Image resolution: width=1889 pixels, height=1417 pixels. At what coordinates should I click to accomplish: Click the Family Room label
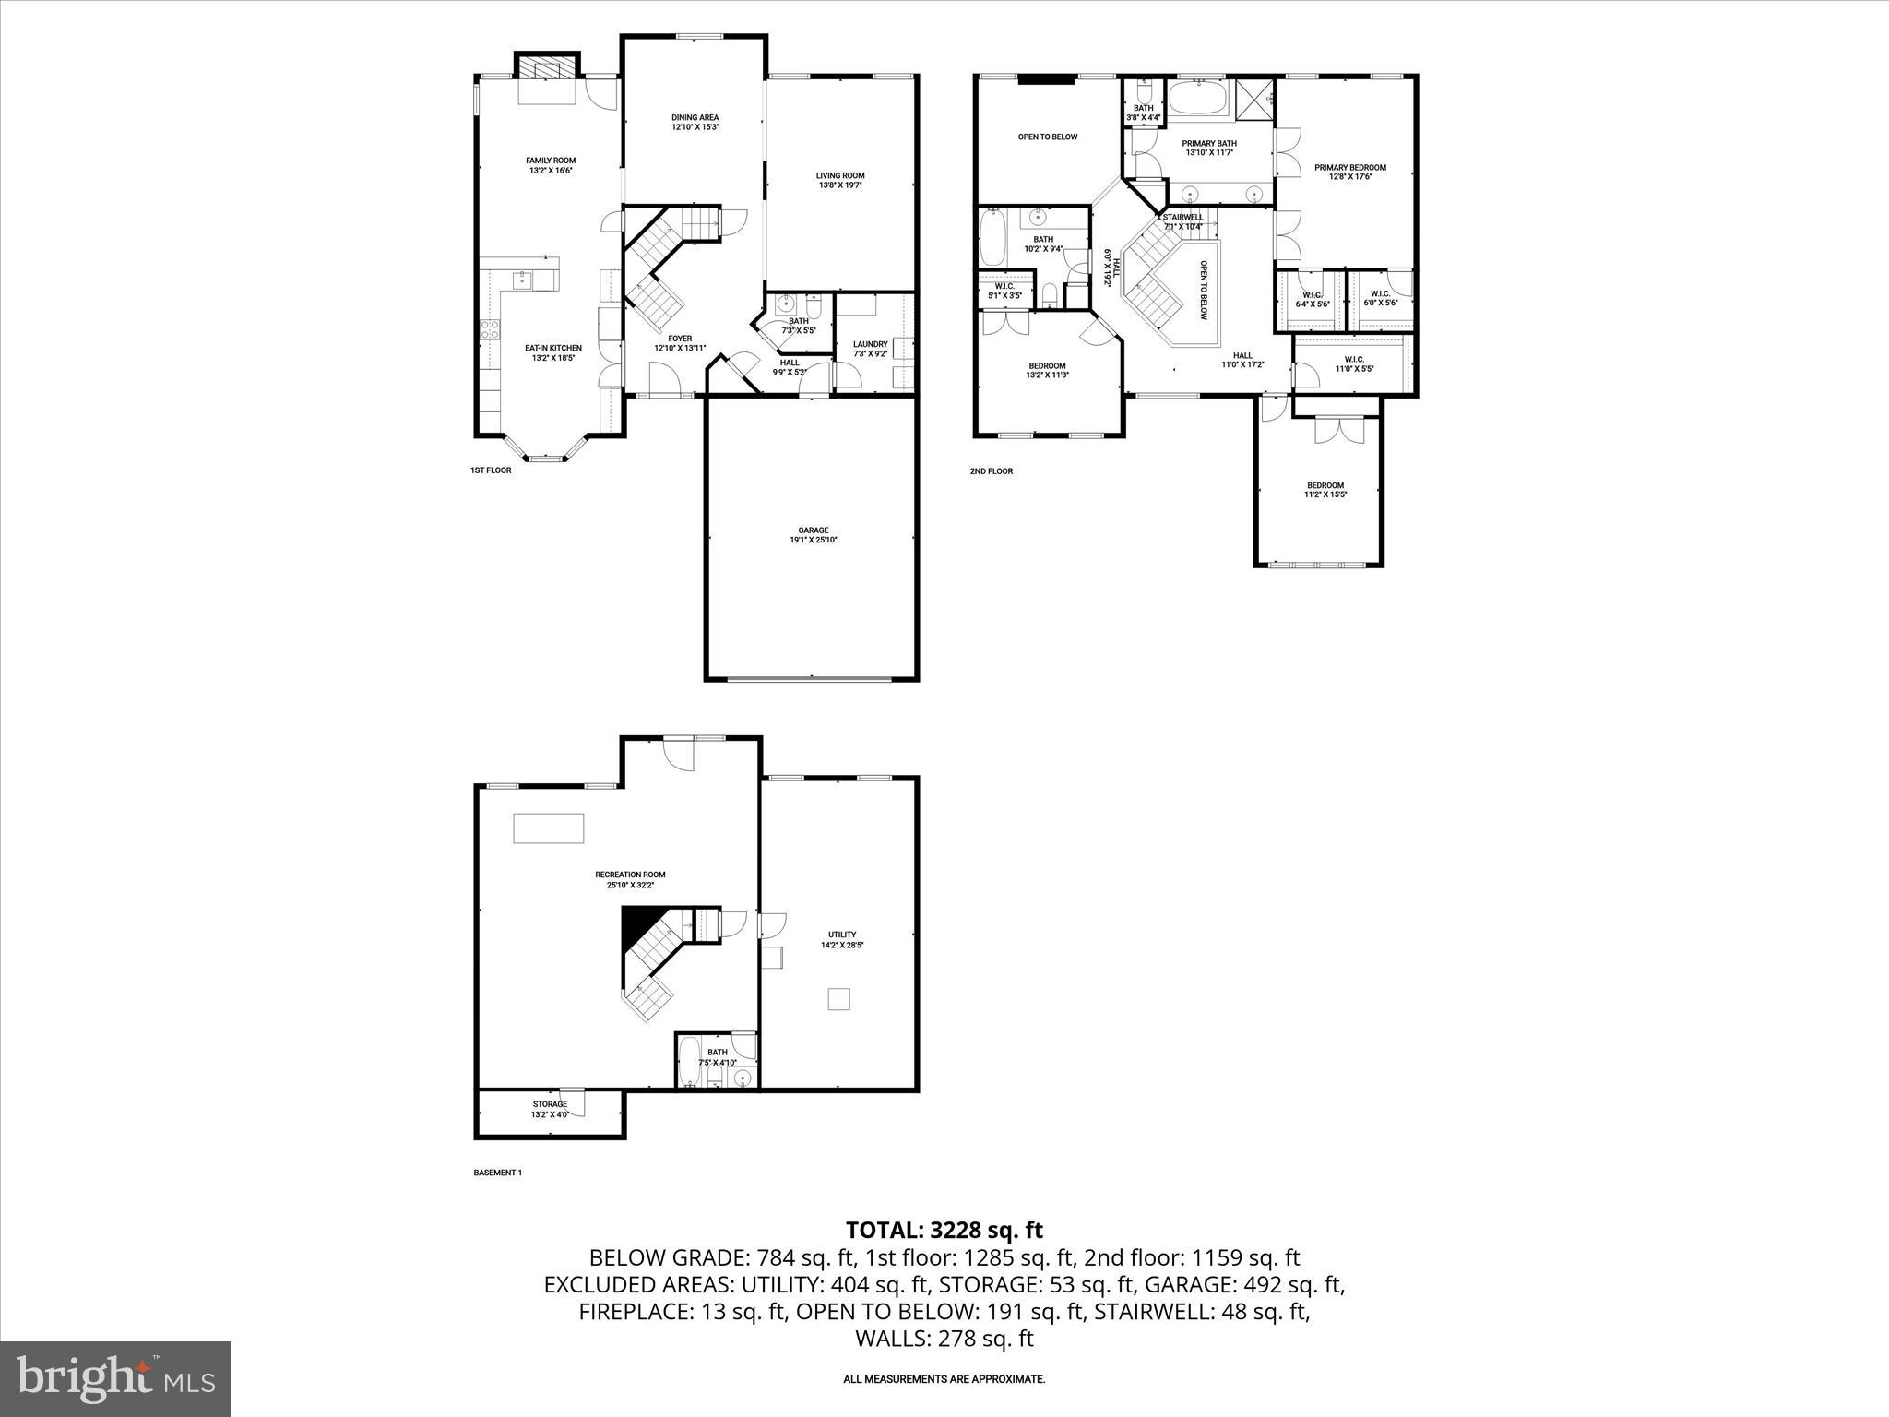(x=551, y=161)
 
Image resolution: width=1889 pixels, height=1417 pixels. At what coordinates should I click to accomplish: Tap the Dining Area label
(x=695, y=117)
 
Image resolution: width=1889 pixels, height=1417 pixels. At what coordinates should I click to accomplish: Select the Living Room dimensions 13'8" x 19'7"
(x=839, y=185)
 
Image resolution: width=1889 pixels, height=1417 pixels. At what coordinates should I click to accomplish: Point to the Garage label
(x=813, y=530)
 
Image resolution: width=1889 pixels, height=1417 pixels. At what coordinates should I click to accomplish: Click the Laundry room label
(x=870, y=344)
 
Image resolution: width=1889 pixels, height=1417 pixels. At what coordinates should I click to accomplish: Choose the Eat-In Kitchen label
(x=553, y=348)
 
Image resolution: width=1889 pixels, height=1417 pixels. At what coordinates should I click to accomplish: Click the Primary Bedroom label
(x=1350, y=168)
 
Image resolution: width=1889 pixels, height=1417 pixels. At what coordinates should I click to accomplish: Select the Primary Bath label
(x=1209, y=143)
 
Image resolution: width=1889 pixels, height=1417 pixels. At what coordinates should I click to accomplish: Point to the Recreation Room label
(x=630, y=875)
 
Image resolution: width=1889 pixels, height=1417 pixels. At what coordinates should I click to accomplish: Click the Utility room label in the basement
(x=841, y=935)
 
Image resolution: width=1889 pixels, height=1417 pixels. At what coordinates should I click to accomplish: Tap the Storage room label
(x=550, y=1104)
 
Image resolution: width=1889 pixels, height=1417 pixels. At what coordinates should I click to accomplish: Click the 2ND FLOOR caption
(x=991, y=471)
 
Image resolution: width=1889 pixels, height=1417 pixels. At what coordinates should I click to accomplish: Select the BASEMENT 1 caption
(x=497, y=1173)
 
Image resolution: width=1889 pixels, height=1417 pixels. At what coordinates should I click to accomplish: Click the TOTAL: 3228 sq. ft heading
(x=944, y=1230)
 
